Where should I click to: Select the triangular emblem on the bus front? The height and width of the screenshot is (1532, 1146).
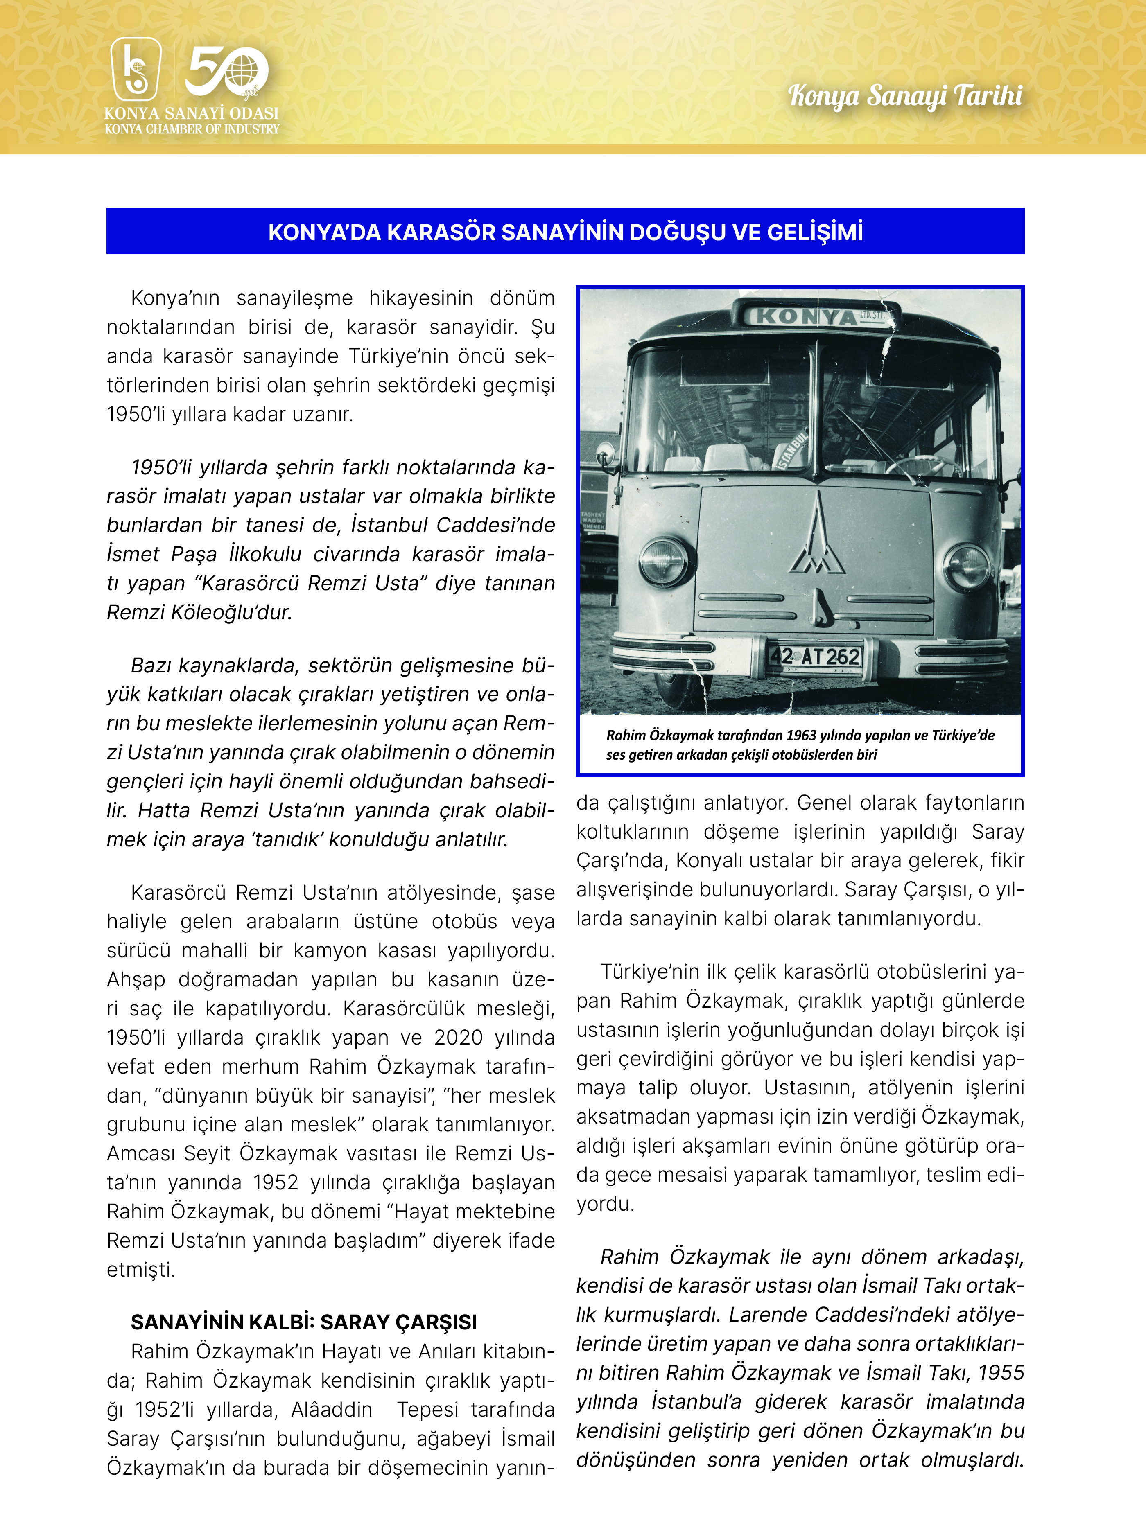click(818, 536)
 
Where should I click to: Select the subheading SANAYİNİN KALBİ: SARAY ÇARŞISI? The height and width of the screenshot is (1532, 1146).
click(303, 1322)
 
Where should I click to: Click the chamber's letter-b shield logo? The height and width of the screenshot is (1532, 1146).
click(136, 69)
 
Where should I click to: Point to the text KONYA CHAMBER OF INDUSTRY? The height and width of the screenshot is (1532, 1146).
click(192, 129)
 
